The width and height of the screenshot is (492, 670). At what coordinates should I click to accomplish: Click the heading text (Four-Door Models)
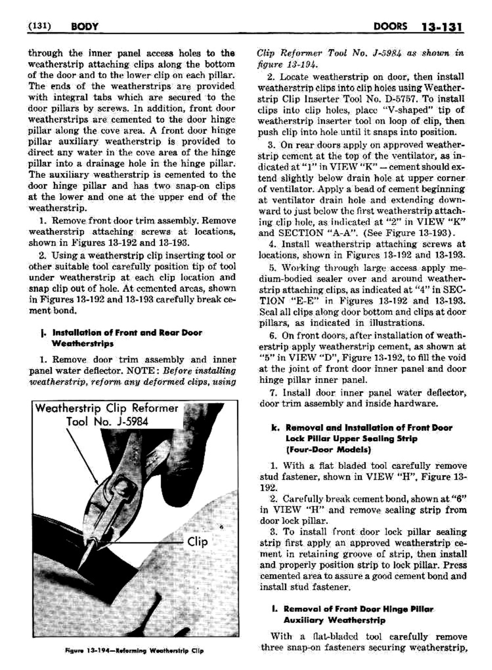coord(328,450)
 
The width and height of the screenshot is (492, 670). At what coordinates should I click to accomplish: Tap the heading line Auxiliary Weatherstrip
coord(334,620)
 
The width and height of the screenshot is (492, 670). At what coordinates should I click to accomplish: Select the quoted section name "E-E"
coord(305,301)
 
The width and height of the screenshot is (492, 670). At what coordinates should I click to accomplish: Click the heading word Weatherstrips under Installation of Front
coord(83,344)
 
